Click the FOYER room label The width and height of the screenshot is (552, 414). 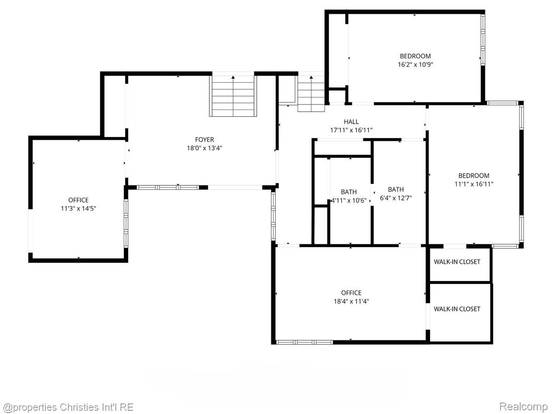coord(204,140)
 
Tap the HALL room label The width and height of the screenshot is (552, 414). coord(351,122)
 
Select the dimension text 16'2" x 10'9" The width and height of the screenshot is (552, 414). coord(415,65)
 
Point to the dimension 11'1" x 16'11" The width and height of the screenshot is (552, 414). coord(474,184)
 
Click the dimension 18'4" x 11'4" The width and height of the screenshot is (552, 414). coord(351,301)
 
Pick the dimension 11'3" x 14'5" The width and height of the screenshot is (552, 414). coord(78,208)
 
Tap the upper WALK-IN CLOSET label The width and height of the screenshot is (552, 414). coord(457,262)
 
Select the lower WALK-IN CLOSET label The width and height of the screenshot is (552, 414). coord(457,309)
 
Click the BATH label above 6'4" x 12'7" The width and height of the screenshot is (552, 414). coord(396,190)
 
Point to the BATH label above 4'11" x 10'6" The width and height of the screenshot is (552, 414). coord(349,192)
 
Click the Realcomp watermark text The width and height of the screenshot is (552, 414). coord(523,407)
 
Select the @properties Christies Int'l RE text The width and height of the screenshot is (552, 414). coord(68,407)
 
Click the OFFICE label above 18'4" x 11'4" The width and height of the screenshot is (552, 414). coord(351,293)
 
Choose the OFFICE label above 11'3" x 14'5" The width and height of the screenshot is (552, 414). coord(78,200)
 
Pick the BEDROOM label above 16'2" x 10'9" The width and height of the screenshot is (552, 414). coord(415,57)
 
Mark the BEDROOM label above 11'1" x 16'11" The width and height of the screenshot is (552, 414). coord(474,176)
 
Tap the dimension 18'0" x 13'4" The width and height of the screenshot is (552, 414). coord(204,148)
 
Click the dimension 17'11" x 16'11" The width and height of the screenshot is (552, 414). coord(351,130)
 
